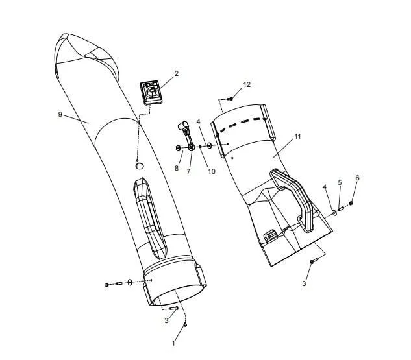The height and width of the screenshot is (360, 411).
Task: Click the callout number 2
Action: coord(177,73)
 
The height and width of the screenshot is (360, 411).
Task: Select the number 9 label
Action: coord(60,114)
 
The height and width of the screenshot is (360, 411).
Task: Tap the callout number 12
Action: coord(247,84)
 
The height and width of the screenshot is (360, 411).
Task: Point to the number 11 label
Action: coord(297,136)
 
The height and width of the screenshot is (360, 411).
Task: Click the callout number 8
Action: coord(177,168)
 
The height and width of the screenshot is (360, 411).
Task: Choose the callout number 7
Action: coord(188,171)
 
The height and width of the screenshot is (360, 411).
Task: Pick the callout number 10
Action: coord(212,171)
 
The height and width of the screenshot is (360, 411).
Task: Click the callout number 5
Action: coord(340,182)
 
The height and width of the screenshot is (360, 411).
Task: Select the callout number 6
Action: coord(357,178)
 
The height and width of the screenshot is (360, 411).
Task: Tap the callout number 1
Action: coord(173,343)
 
